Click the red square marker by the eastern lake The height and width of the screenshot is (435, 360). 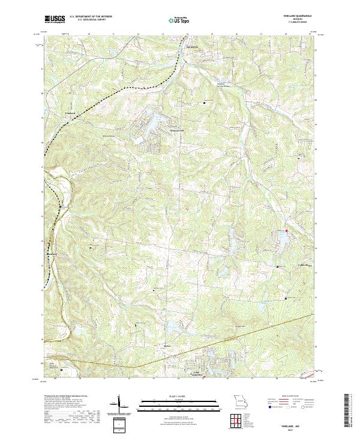[x=287, y=231]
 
